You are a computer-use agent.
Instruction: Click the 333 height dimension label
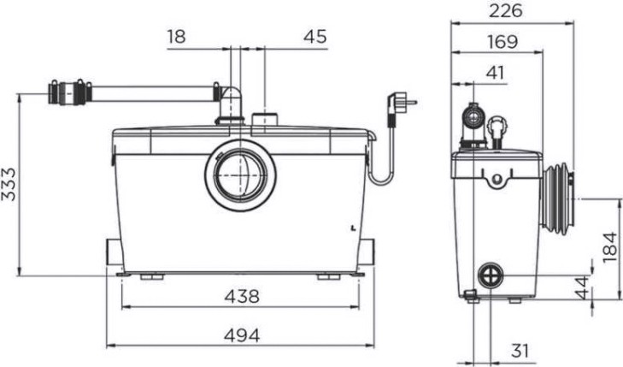[9, 184]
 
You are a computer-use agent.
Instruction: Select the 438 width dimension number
[242, 297]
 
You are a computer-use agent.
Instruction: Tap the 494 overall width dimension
[242, 336]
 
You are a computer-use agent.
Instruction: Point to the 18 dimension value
[176, 37]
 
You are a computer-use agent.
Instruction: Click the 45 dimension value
[315, 37]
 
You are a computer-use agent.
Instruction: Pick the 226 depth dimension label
[505, 11]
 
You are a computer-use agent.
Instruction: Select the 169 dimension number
[503, 42]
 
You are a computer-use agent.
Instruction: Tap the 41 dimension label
[495, 74]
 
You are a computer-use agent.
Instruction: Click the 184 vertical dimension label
[610, 248]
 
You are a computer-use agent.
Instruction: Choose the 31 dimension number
[520, 351]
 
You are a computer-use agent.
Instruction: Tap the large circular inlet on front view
[241, 175]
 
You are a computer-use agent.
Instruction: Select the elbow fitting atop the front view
[231, 105]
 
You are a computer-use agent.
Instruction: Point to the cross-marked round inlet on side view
[491, 275]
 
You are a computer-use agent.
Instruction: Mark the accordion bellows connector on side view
[556, 198]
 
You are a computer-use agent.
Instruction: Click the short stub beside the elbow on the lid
[265, 120]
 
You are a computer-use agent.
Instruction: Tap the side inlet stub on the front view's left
[114, 252]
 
